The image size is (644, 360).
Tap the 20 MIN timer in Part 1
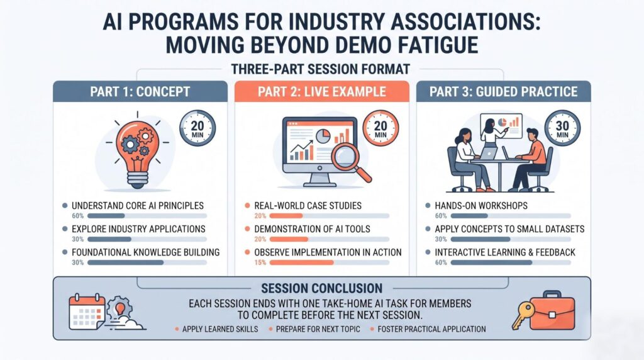coord(197,128)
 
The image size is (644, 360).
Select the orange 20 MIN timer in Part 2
coord(380,128)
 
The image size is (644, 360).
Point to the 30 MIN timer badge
coord(562,128)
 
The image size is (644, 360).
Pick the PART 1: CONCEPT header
coord(140,91)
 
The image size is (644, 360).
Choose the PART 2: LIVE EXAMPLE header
coord(322,91)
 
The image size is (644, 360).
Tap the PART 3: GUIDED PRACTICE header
coord(504,91)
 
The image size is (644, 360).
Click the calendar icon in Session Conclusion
coord(87,312)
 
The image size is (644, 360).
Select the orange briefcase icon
coord(552,310)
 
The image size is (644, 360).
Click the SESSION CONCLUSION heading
coord(321,288)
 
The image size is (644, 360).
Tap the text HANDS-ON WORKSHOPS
coord(481,205)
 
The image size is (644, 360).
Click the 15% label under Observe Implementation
coord(260,262)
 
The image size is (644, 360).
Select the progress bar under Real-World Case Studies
coord(330,216)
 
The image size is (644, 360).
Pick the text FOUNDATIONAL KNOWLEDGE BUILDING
coord(146,252)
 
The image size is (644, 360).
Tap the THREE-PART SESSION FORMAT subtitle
coord(321,69)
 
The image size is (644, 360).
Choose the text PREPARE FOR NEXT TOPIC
coord(318,329)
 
